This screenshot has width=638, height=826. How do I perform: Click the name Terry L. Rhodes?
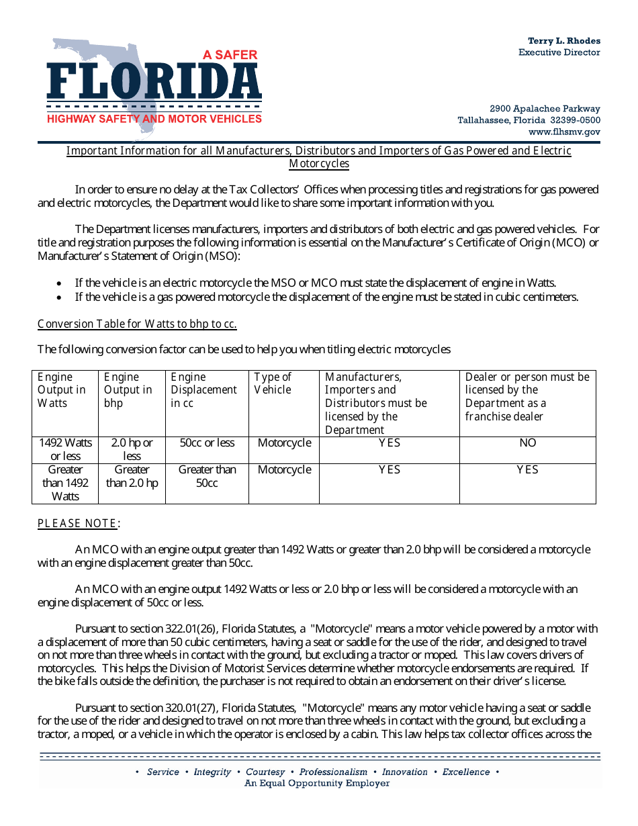click(x=563, y=41)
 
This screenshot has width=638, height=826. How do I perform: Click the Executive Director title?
click(x=559, y=52)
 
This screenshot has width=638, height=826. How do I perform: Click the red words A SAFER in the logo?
click(x=230, y=55)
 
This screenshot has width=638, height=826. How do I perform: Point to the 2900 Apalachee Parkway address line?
click(x=545, y=109)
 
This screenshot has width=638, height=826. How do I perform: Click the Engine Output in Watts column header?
click(x=62, y=389)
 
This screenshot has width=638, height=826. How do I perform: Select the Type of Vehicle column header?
click(x=273, y=383)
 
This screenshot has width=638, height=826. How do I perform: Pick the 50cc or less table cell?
click(x=207, y=443)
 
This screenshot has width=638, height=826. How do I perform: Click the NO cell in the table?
click(x=527, y=443)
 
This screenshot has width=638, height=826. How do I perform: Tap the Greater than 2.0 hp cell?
click(x=132, y=476)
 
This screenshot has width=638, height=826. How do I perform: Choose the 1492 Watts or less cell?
click(x=65, y=449)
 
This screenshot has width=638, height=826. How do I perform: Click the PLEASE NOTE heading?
click(x=79, y=523)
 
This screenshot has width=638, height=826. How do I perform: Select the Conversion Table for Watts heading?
click(x=137, y=324)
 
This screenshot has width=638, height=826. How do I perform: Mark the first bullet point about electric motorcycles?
click(x=316, y=283)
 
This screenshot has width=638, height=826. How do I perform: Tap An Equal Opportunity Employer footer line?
click(x=317, y=783)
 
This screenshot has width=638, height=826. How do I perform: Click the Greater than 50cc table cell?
click(x=207, y=476)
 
